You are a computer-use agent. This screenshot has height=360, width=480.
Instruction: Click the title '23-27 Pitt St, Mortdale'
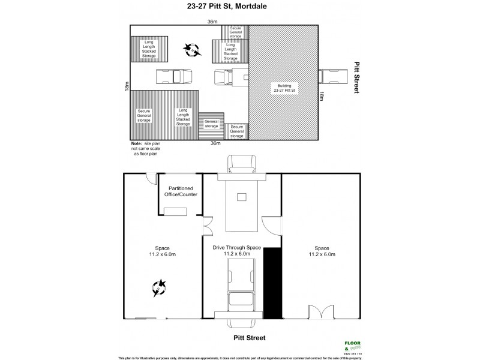pyautogui.click(x=241, y=7)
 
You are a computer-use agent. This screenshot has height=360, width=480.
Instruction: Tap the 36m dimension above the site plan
pyautogui.click(x=212, y=22)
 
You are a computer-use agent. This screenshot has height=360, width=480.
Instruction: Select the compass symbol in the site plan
pyautogui.click(x=193, y=50)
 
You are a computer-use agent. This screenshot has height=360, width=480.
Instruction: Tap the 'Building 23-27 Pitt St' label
pyautogui.click(x=283, y=89)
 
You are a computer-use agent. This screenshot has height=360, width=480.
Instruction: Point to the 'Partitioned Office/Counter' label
pyautogui.click(x=178, y=191)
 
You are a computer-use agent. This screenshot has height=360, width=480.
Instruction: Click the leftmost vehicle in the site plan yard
pyautogui.click(x=175, y=77)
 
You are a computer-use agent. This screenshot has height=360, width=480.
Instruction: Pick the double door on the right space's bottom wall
pyautogui.click(x=319, y=313)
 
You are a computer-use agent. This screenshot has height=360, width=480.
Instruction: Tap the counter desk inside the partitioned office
pyautogui.click(x=178, y=210)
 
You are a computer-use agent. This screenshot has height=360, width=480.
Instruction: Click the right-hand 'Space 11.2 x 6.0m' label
pyautogui.click(x=322, y=251)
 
